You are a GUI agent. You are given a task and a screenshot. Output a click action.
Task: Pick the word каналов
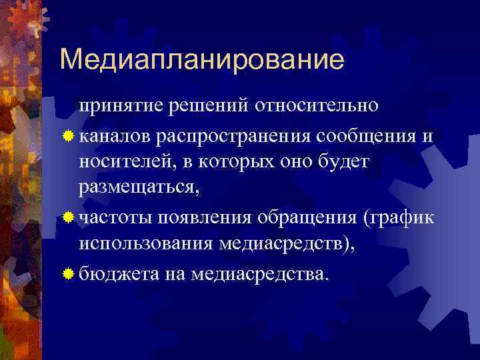pos(115,137)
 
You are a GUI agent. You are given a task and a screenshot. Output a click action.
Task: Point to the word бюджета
pos(117,273)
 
